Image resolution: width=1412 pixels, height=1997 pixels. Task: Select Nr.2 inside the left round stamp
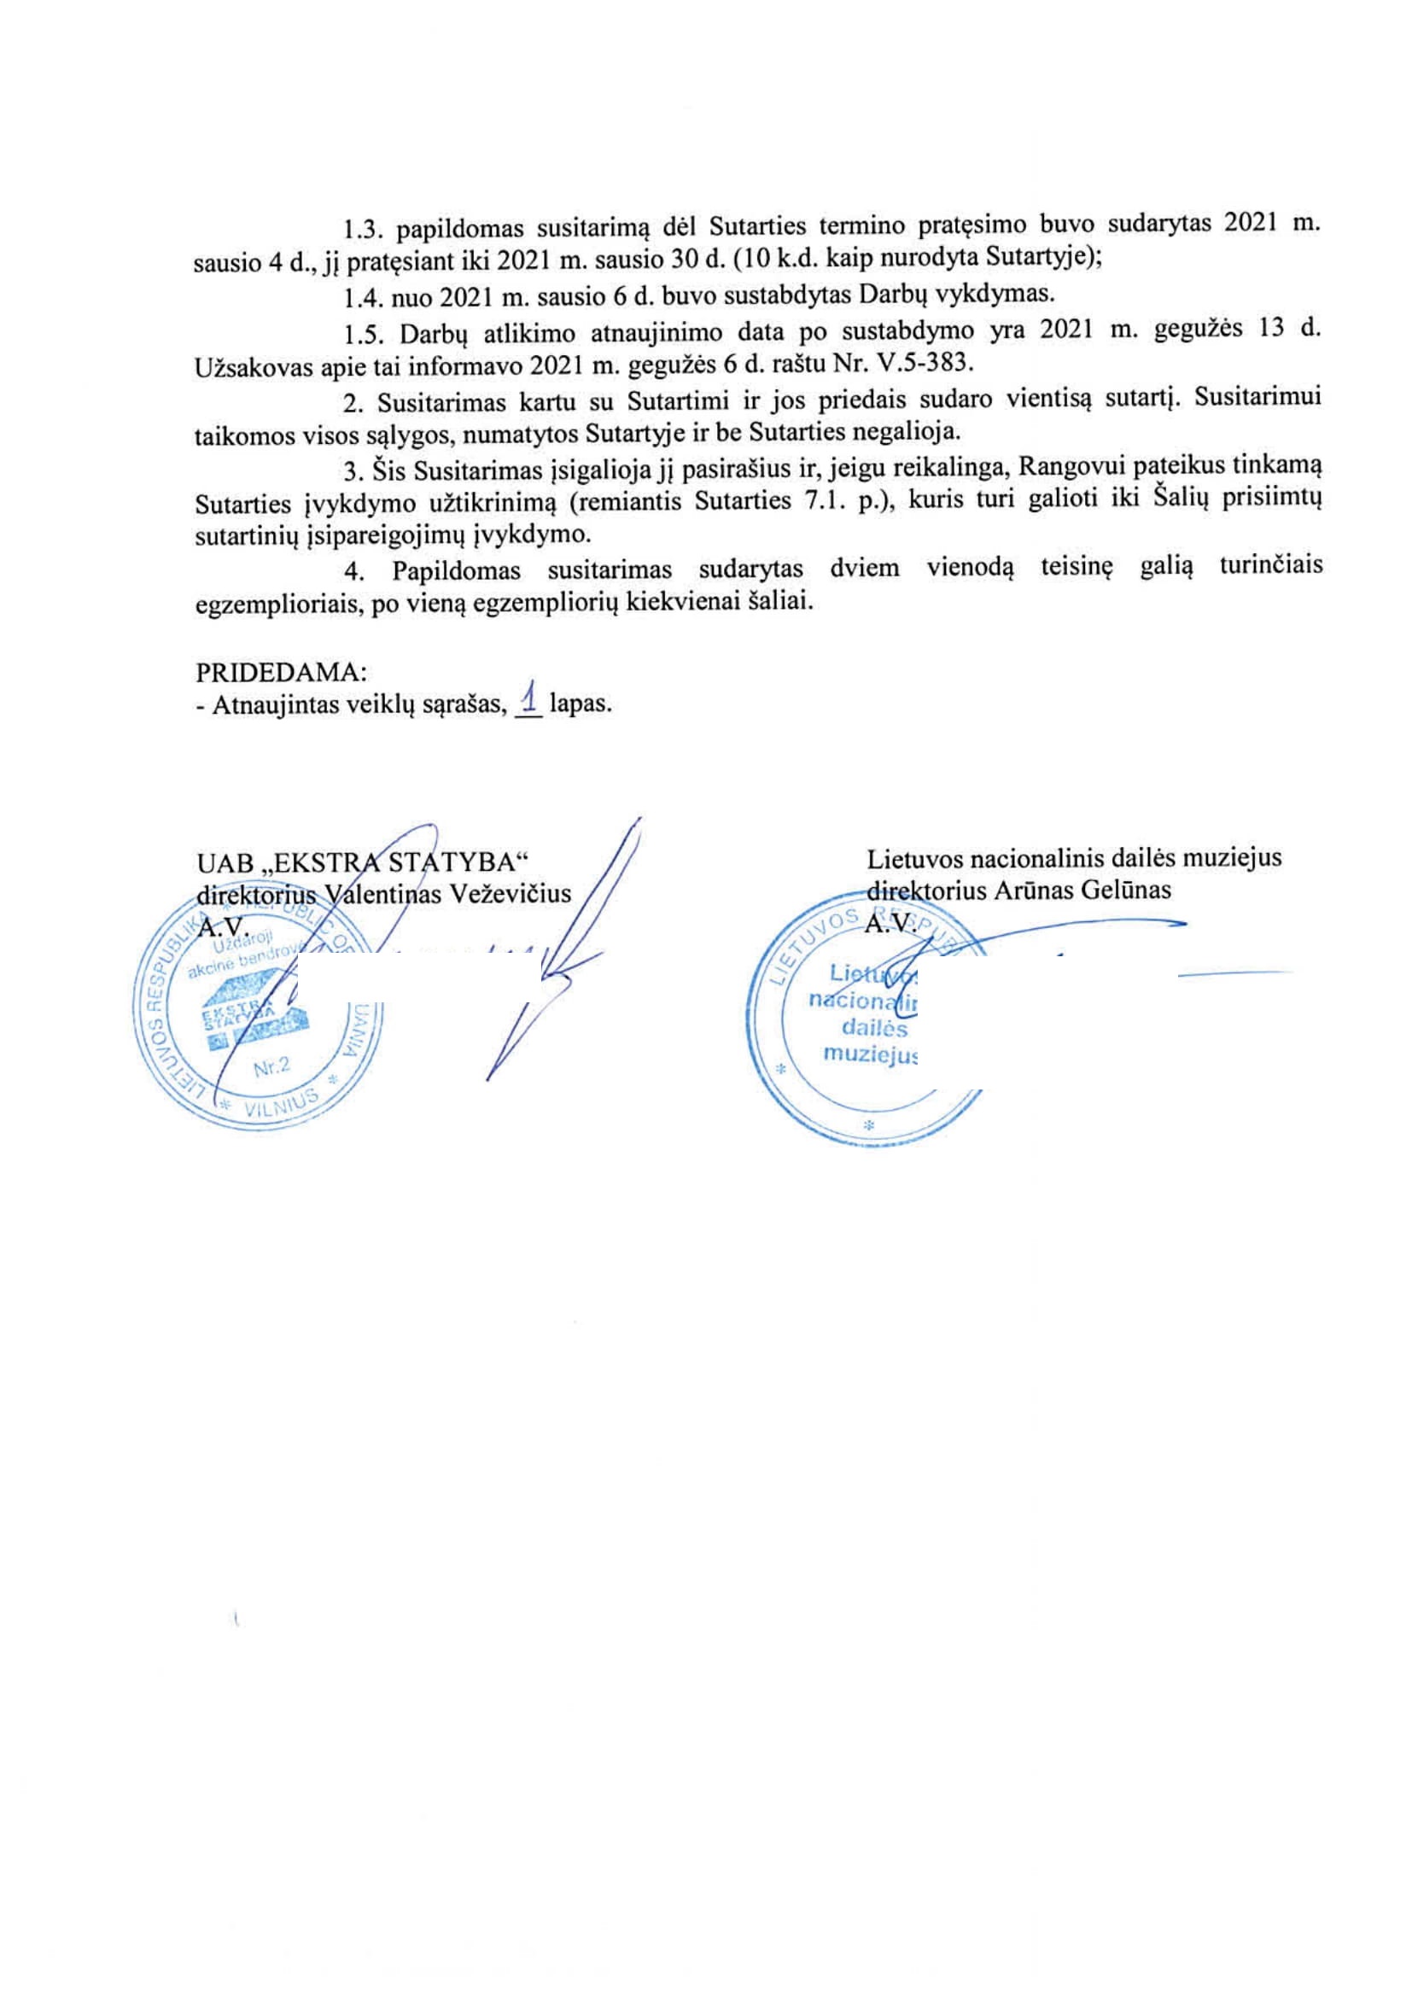[275, 1070]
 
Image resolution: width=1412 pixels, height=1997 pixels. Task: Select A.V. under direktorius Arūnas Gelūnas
[889, 924]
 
